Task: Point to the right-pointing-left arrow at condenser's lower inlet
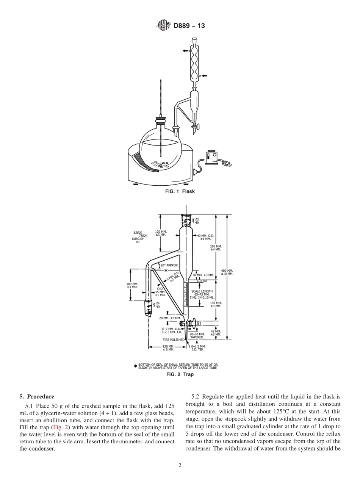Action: click(204, 76)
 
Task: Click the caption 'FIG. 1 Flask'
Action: click(180, 191)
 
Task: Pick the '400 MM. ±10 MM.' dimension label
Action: click(227, 272)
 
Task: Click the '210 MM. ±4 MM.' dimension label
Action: click(216, 248)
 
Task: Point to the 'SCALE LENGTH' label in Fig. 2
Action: click(202, 291)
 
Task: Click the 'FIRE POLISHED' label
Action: click(174, 340)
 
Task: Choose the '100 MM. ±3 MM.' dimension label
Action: click(132, 285)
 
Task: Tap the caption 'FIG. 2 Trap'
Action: click(180, 374)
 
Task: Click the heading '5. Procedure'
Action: click(36, 397)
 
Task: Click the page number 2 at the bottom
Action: click(180, 465)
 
